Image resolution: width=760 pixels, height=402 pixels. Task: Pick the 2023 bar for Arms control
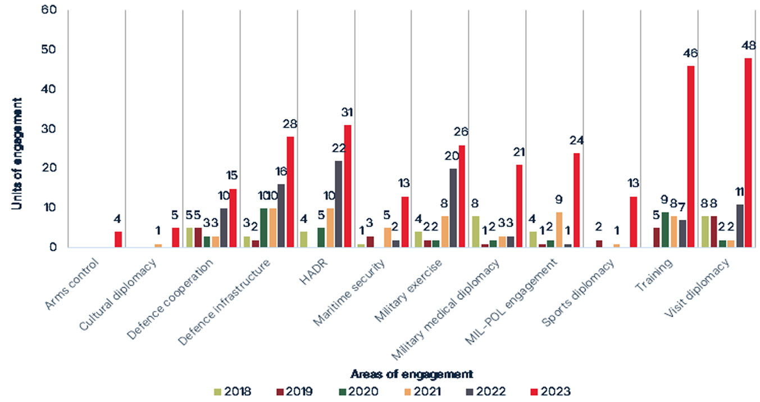click(x=118, y=240)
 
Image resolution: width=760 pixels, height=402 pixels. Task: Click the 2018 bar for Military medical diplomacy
click(x=476, y=232)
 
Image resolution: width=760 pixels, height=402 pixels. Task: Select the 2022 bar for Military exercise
click(x=453, y=208)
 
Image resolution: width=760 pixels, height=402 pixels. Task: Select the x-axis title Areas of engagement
click(x=411, y=374)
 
